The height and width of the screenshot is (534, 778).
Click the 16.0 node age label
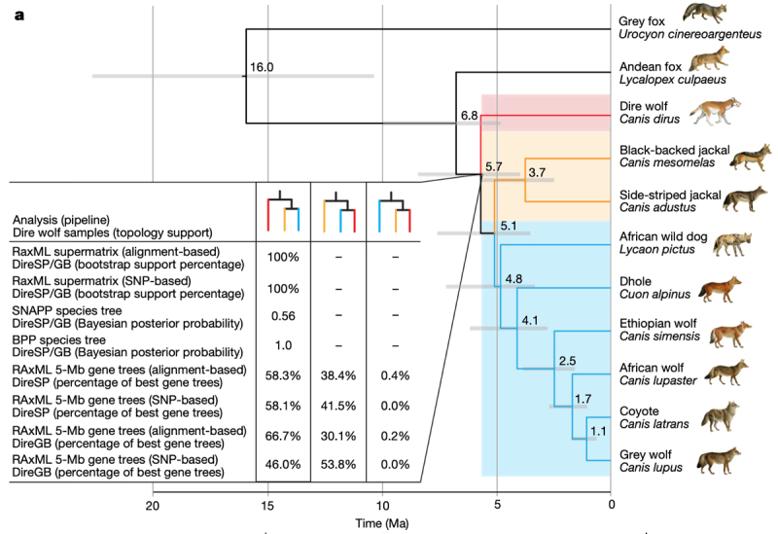[x=262, y=67]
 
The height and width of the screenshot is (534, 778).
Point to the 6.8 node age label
[x=469, y=116]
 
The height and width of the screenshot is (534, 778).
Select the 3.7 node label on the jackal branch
[x=536, y=171]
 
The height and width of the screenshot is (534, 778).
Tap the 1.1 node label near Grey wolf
[x=598, y=431]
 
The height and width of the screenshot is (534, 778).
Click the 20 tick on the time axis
[x=153, y=505]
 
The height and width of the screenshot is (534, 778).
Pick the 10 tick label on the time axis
[x=382, y=505]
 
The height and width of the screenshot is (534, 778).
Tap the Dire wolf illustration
[x=716, y=112]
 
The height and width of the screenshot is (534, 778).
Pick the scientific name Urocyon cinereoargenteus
[x=684, y=34]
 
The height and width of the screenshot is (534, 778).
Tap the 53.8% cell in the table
[x=337, y=466]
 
